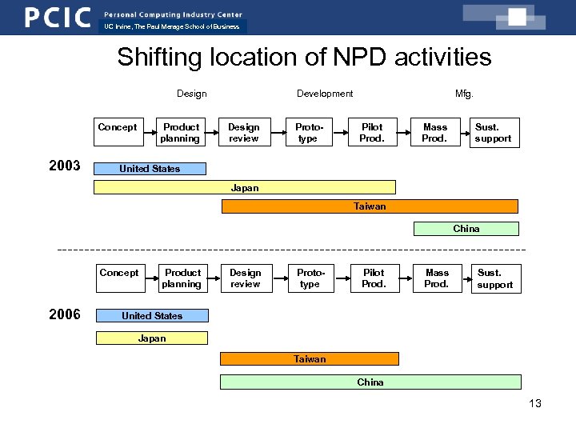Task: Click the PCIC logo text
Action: point(57,17)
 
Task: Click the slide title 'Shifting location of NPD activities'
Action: point(304,58)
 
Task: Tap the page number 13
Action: point(535,403)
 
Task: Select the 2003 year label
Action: point(64,166)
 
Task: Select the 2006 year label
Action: point(64,314)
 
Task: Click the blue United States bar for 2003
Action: point(150,169)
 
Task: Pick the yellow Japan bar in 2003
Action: point(245,187)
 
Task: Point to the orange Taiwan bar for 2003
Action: point(370,206)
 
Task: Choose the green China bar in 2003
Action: point(466,229)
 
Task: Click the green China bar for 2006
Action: point(370,382)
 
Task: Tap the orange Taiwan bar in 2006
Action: point(310,359)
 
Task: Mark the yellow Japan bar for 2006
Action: point(152,338)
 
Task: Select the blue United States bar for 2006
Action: point(152,316)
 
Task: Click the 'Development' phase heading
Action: point(325,94)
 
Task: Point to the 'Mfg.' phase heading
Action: point(464,94)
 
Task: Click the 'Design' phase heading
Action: point(191,94)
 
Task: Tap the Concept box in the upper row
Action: point(118,132)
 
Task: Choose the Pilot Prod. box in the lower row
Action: point(374,278)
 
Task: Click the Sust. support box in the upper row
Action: point(493,133)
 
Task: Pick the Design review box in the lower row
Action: point(246,278)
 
